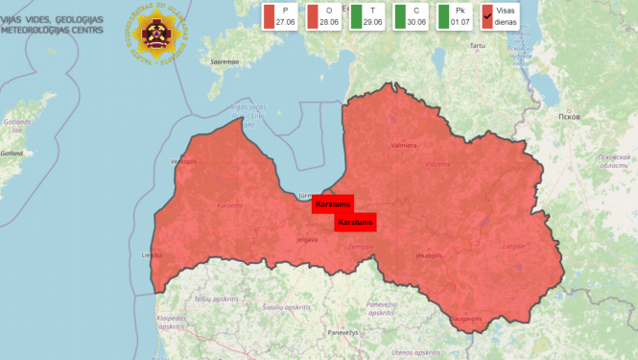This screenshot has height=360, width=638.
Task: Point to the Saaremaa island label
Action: tap(224, 62)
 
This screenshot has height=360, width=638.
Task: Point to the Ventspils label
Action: tap(183, 161)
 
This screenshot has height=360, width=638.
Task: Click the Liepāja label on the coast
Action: tap(152, 255)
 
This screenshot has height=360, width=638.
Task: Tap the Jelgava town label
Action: tap(307, 239)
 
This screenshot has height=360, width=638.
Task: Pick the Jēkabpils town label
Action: tap(428, 256)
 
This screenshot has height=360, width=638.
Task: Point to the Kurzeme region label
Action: tap(229, 204)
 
